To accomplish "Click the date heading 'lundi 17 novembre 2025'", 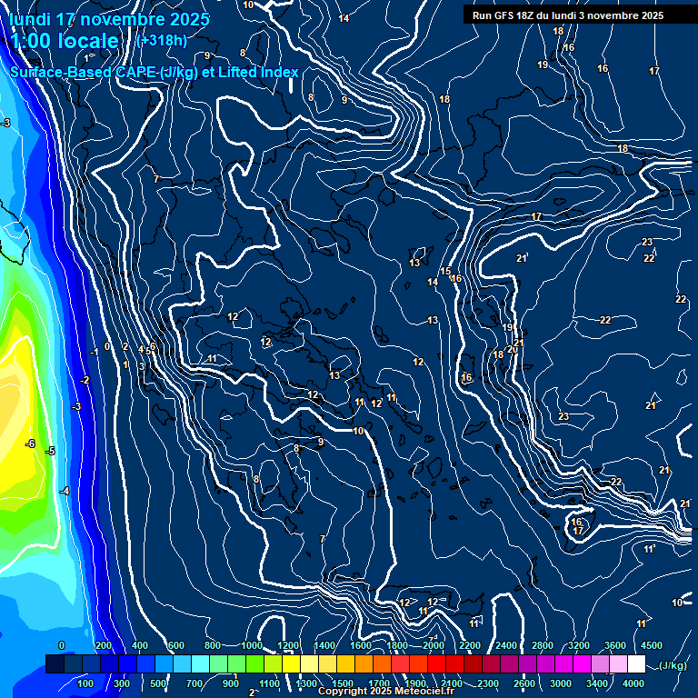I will [109, 19].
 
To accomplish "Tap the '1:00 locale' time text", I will [65, 41].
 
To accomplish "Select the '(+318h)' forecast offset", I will [162, 40].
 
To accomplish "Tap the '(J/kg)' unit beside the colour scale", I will [673, 666].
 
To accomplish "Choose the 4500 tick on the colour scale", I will [652, 645].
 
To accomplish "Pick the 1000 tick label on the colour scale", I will [252, 645].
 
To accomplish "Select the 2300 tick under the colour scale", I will [487, 683].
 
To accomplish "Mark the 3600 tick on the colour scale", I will [615, 645].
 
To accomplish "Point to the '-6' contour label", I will [30, 444].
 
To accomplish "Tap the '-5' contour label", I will [51, 451].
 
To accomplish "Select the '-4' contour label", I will [65, 491].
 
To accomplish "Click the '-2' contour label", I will [85, 380].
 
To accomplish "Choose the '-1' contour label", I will [95, 352].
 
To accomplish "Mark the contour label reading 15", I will [446, 272].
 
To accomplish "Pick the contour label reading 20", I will [513, 349].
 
